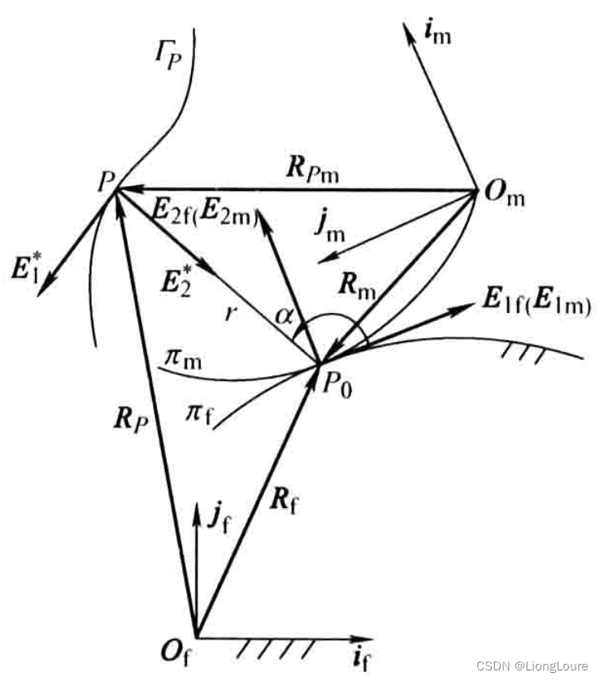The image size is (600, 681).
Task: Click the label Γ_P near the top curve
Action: pyautogui.click(x=168, y=54)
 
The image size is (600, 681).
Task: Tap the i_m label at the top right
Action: pyautogui.click(x=437, y=33)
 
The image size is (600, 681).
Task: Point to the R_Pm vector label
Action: pyautogui.click(x=312, y=168)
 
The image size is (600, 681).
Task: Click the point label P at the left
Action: pyautogui.click(x=106, y=181)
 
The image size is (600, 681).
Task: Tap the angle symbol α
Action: pyautogui.click(x=285, y=316)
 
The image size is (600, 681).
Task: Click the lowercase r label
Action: pyautogui.click(x=231, y=312)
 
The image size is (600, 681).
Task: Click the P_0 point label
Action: pyautogui.click(x=337, y=385)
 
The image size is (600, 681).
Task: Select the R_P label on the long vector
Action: pyautogui.click(x=130, y=419)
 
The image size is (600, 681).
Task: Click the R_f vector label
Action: pyautogui.click(x=284, y=500)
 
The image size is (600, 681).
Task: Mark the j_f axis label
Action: pyautogui.click(x=219, y=516)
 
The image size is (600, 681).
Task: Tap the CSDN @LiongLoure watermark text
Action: pyautogui.click(x=533, y=666)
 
